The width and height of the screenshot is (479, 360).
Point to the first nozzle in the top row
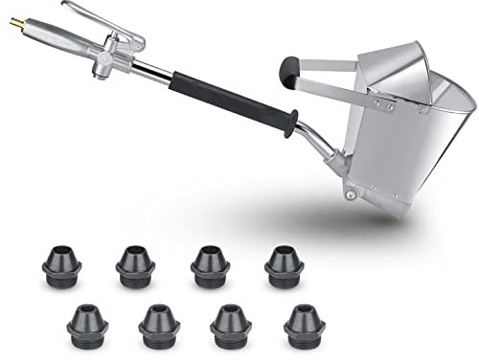[61, 263]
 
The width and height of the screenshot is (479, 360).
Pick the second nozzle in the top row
[135, 264]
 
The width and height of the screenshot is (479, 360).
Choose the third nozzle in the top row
[210, 263]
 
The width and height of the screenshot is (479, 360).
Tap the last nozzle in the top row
[284, 263]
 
